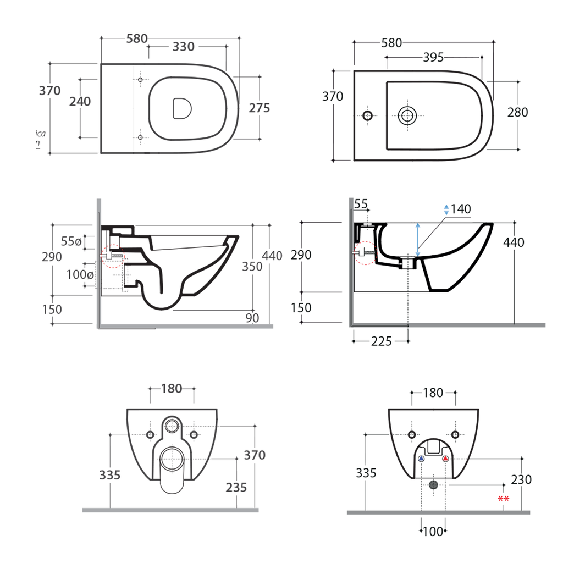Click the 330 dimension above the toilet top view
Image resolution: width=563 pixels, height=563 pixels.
[183, 47]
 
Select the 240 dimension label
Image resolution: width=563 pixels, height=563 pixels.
[80, 101]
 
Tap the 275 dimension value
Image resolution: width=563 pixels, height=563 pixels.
[260, 108]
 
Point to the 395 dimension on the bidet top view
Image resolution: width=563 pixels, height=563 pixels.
[433, 58]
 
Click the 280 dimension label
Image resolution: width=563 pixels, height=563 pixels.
[517, 112]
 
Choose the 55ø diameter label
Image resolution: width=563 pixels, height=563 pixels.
[71, 241]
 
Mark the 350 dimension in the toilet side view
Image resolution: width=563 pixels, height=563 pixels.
[253, 267]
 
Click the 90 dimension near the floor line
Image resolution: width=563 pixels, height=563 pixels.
[252, 318]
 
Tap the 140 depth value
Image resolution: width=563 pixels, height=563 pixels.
[461, 209]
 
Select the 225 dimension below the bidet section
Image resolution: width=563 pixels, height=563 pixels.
[381, 341]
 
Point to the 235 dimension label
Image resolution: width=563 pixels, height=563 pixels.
[236, 487]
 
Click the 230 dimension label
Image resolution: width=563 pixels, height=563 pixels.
[521, 479]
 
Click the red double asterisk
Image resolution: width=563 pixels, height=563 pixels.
[503, 499]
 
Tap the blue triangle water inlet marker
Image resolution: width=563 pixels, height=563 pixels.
[422, 459]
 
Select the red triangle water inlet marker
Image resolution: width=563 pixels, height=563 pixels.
[445, 459]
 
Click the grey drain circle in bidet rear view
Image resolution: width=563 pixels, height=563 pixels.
[434, 484]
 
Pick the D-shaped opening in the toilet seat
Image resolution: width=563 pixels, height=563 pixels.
[181, 108]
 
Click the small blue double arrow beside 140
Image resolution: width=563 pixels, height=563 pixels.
[446, 209]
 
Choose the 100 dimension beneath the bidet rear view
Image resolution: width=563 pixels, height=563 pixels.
[433, 531]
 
